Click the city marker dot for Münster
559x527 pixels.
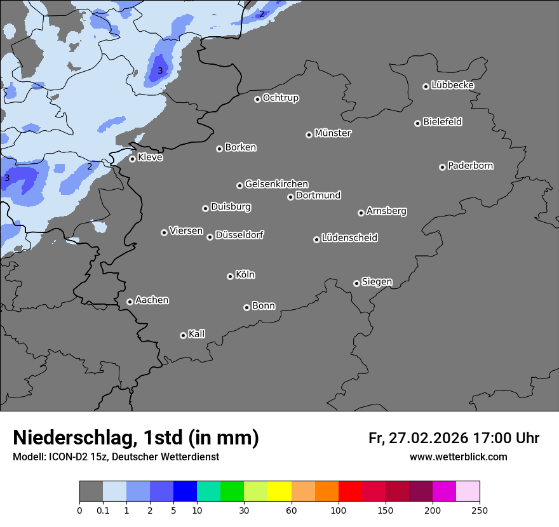point(309,135)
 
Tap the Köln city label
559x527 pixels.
point(245,275)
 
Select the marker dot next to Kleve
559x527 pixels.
point(132,159)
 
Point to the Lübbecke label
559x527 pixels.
point(452,85)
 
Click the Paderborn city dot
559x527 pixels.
point(442,167)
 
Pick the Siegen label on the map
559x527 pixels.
point(377,282)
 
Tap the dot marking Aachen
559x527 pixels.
point(130,302)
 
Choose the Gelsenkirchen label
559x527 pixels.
point(276,184)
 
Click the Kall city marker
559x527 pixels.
point(183,335)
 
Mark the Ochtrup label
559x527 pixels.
point(280,98)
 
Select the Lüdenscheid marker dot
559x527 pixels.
point(316,239)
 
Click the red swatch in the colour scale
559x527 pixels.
point(350,491)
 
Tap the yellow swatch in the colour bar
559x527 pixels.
point(279,491)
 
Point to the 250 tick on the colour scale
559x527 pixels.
point(479,510)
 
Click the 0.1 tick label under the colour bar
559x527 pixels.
point(103,510)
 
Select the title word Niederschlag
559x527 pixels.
point(73,437)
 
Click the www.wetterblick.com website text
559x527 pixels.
point(458,457)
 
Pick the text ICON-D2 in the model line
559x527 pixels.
point(66,457)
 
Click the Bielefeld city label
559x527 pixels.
point(442,122)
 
